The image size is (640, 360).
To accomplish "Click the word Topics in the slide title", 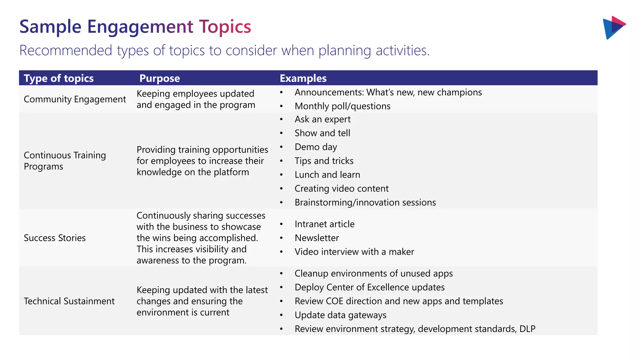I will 225,27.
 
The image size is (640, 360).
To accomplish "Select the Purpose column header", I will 159,78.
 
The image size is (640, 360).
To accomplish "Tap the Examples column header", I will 303,78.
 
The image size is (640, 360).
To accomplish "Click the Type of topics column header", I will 59,78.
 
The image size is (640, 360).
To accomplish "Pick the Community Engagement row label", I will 75,99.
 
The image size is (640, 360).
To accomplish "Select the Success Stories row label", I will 55,238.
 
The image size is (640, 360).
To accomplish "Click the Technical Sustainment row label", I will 69,301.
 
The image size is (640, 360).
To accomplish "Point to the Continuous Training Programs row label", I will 65,161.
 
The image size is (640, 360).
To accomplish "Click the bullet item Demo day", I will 316,147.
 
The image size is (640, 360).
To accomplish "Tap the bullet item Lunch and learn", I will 327,175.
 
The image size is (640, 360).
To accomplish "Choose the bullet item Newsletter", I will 317,238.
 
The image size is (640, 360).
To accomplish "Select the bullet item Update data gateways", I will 340,315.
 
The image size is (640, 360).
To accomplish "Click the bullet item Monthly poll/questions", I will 342,106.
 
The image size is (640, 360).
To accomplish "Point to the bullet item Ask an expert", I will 322,119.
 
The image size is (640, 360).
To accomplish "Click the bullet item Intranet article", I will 324,224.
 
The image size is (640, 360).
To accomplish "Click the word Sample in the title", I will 50,27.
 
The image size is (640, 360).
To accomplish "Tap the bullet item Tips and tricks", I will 324,161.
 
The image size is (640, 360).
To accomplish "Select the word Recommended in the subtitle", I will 66,50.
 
